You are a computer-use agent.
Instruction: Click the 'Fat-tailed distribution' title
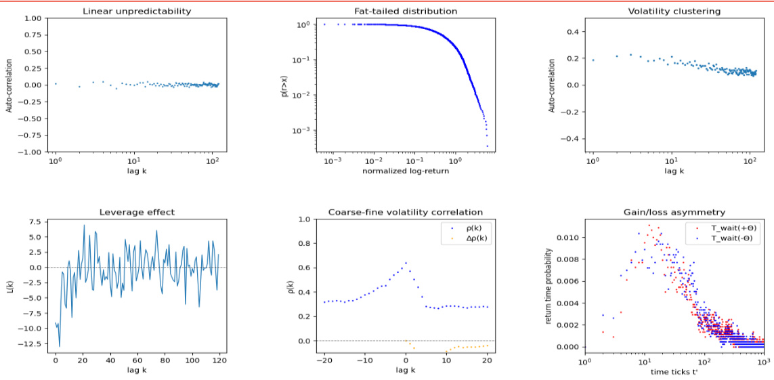tap(406, 11)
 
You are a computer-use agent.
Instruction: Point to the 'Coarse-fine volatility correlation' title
tap(406, 212)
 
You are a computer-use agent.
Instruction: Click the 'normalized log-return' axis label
tap(406, 171)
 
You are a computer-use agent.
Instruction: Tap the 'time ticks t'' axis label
tap(674, 372)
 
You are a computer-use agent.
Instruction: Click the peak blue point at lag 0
tap(406, 263)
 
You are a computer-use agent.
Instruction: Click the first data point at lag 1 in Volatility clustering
tap(593, 60)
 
